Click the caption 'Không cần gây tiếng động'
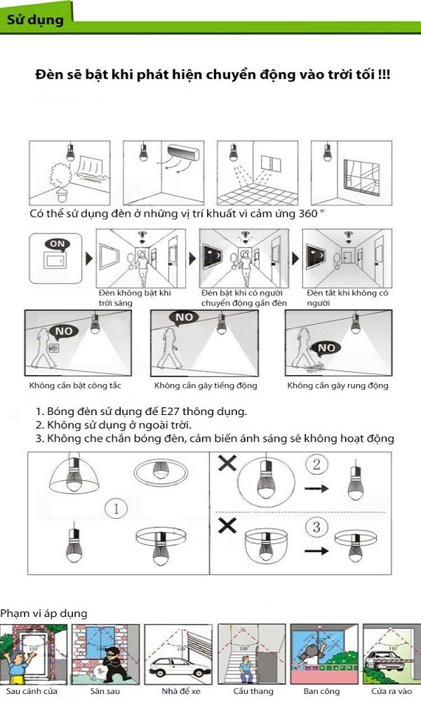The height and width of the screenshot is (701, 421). [x=206, y=386]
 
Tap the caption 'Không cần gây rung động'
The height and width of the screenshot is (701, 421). [x=338, y=386]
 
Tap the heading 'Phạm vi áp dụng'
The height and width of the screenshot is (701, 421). [x=44, y=613]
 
